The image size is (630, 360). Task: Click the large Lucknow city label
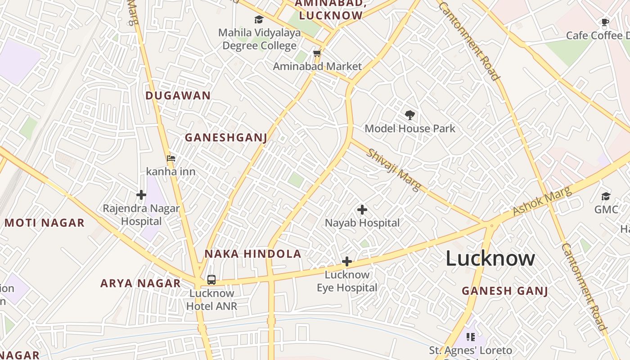pyautogui.click(x=490, y=258)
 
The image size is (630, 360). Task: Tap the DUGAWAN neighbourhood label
pyautogui.click(x=178, y=95)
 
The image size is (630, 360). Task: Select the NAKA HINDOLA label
pyautogui.click(x=253, y=253)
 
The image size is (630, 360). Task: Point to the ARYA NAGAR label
pyautogui.click(x=140, y=283)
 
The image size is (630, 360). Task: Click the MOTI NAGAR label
pyautogui.click(x=45, y=222)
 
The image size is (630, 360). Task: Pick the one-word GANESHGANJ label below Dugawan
pyautogui.click(x=226, y=137)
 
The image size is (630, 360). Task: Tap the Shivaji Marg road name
pyautogui.click(x=394, y=169)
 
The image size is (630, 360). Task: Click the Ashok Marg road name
pyautogui.click(x=542, y=201)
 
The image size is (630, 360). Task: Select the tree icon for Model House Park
pyautogui.click(x=409, y=115)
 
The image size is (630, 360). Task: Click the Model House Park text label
pyautogui.click(x=410, y=128)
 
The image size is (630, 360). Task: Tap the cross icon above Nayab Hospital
pyautogui.click(x=362, y=210)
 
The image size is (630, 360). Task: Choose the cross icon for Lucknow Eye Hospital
pyautogui.click(x=346, y=261)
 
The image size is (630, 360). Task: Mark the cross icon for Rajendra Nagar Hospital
pyautogui.click(x=141, y=195)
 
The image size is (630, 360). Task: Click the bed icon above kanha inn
pyautogui.click(x=171, y=158)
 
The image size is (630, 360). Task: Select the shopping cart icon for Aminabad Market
pyautogui.click(x=317, y=54)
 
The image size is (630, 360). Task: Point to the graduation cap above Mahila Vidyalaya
pyautogui.click(x=259, y=20)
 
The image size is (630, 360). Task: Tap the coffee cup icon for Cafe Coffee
pyautogui.click(x=605, y=22)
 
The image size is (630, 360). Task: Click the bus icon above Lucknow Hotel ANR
pyautogui.click(x=211, y=280)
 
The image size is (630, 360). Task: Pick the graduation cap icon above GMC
pyautogui.click(x=606, y=196)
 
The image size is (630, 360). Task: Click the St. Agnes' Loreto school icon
pyautogui.click(x=471, y=337)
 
